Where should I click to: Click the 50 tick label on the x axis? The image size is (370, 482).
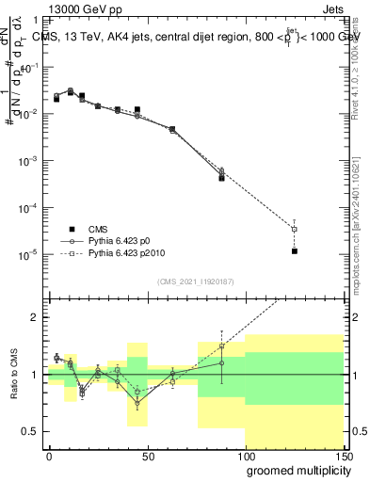point(146,456)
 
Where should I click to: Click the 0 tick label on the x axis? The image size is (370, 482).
point(49,456)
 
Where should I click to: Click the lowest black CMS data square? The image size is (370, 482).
point(295,251)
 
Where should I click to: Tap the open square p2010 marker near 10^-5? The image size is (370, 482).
point(295,229)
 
